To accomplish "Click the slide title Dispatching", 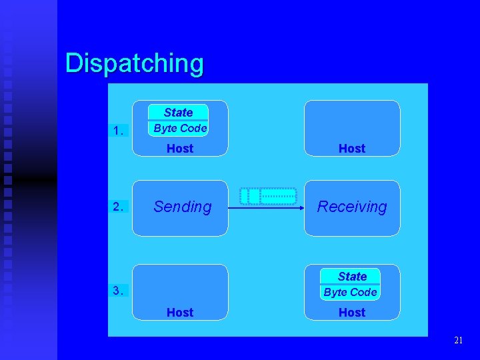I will pos(135,64).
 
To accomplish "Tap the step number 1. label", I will pos(118,131).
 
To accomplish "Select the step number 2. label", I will pos(118,207).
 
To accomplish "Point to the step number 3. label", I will pos(118,290).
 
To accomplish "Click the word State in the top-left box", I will pos(178,113).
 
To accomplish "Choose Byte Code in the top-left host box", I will pos(179,128).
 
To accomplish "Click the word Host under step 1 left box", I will pos(179,148).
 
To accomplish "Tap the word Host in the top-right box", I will pos(352,148).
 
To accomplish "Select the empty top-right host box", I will pos(352,120).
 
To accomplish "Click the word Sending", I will pos(182,207).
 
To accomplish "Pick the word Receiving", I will pos(352,207).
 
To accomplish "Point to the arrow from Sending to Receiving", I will pos(267,209).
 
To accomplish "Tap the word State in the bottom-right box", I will pos(352,276).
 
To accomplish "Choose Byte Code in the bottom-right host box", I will pos(350,292).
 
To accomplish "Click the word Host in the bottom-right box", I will pos(352,312).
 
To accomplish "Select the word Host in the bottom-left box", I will pos(179,312).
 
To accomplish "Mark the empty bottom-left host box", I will pos(179,283).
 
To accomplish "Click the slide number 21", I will pos(458,341).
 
